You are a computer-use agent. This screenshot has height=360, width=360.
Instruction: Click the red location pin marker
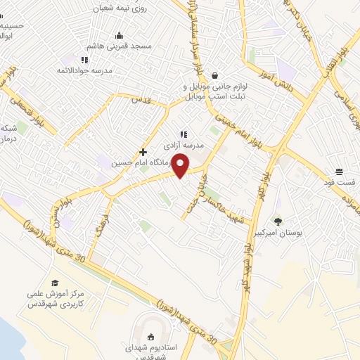(181, 165)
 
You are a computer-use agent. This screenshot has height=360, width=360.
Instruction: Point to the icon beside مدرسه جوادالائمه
(84, 60)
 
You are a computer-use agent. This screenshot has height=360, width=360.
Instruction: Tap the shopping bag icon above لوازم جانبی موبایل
(214, 75)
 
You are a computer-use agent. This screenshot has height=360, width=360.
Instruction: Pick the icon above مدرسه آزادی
(183, 134)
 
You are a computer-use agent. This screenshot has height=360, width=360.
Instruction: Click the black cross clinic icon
(143, 152)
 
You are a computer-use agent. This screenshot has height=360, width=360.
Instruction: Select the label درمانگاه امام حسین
(123, 162)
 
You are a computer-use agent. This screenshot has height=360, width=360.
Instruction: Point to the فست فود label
(340, 182)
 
